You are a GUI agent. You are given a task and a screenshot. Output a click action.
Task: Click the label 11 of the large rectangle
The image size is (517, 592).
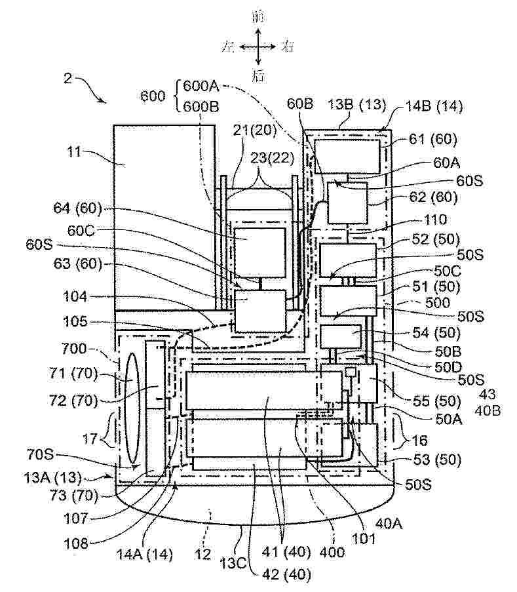(74, 152)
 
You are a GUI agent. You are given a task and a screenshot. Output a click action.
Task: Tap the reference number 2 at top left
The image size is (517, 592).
(68, 78)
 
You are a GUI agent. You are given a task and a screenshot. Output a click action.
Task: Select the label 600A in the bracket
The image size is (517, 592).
(201, 86)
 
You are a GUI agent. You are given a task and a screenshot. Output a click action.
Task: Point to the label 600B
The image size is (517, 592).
(201, 106)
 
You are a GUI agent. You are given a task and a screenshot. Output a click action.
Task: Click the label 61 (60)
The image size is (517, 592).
(433, 140)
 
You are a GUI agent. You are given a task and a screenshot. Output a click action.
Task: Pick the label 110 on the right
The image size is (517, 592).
(435, 220)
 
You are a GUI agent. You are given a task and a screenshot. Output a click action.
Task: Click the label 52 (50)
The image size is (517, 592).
(436, 239)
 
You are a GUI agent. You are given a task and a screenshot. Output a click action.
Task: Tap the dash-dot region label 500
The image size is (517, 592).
(437, 302)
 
